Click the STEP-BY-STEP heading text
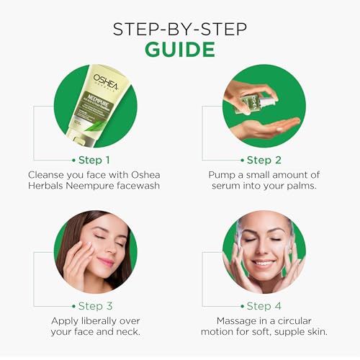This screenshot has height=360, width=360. click(x=179, y=28)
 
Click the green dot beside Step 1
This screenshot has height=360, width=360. click(x=73, y=160)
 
